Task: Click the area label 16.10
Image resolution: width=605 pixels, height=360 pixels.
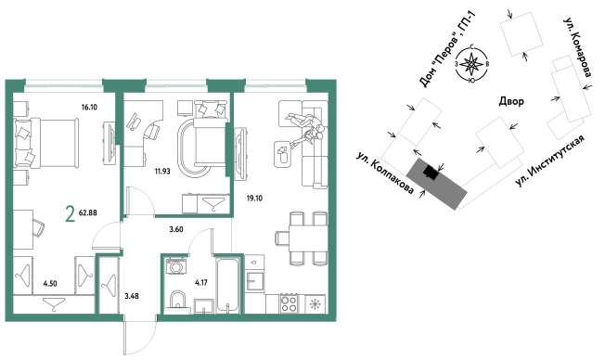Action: click(x=89, y=108)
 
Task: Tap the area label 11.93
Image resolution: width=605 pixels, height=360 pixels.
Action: click(x=162, y=172)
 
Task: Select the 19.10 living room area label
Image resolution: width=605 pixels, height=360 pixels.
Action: click(x=254, y=199)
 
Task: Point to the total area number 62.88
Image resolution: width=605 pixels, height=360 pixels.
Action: click(x=87, y=212)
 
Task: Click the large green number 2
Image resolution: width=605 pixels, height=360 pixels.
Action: click(x=71, y=214)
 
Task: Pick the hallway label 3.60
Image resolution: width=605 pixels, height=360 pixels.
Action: click(x=176, y=229)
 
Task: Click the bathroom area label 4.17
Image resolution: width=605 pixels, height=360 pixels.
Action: click(x=201, y=283)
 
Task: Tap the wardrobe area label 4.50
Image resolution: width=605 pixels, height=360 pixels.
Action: click(x=50, y=284)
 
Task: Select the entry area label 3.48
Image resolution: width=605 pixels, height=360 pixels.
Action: click(x=132, y=296)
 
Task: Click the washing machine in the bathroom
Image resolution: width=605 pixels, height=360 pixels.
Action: click(x=176, y=266)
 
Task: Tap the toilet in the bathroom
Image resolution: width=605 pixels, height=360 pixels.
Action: click(x=177, y=300)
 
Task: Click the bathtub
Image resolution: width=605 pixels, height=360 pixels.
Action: click(x=228, y=285)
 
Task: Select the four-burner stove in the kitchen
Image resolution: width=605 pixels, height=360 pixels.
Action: click(x=289, y=303)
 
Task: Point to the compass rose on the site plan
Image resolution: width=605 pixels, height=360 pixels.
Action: click(x=471, y=64)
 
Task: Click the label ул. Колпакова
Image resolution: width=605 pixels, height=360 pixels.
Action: click(x=385, y=174)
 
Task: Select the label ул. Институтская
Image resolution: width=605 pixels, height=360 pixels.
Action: click(x=550, y=161)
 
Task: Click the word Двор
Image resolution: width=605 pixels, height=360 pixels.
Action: click(x=511, y=101)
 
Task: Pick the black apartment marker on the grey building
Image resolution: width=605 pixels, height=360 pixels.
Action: click(x=431, y=173)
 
